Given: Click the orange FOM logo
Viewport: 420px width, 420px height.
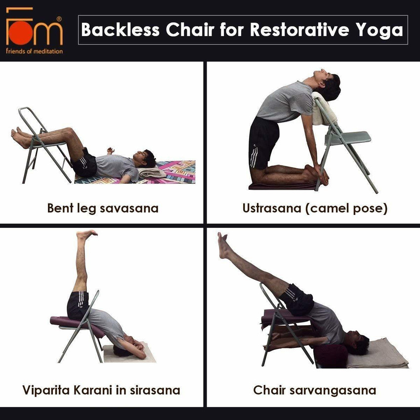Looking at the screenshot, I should tap(34, 29).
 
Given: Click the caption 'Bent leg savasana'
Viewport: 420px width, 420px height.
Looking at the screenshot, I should tap(103, 208).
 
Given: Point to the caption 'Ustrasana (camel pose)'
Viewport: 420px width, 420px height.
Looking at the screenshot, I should tap(315, 208).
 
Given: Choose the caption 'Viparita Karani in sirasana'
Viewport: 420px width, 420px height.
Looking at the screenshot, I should tap(101, 390).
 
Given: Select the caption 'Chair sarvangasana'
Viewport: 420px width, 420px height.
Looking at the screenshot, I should tap(315, 390).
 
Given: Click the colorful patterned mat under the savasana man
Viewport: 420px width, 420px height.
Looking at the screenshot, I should tap(178, 170).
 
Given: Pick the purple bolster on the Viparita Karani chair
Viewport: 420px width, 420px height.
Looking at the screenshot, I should tap(74, 324).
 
